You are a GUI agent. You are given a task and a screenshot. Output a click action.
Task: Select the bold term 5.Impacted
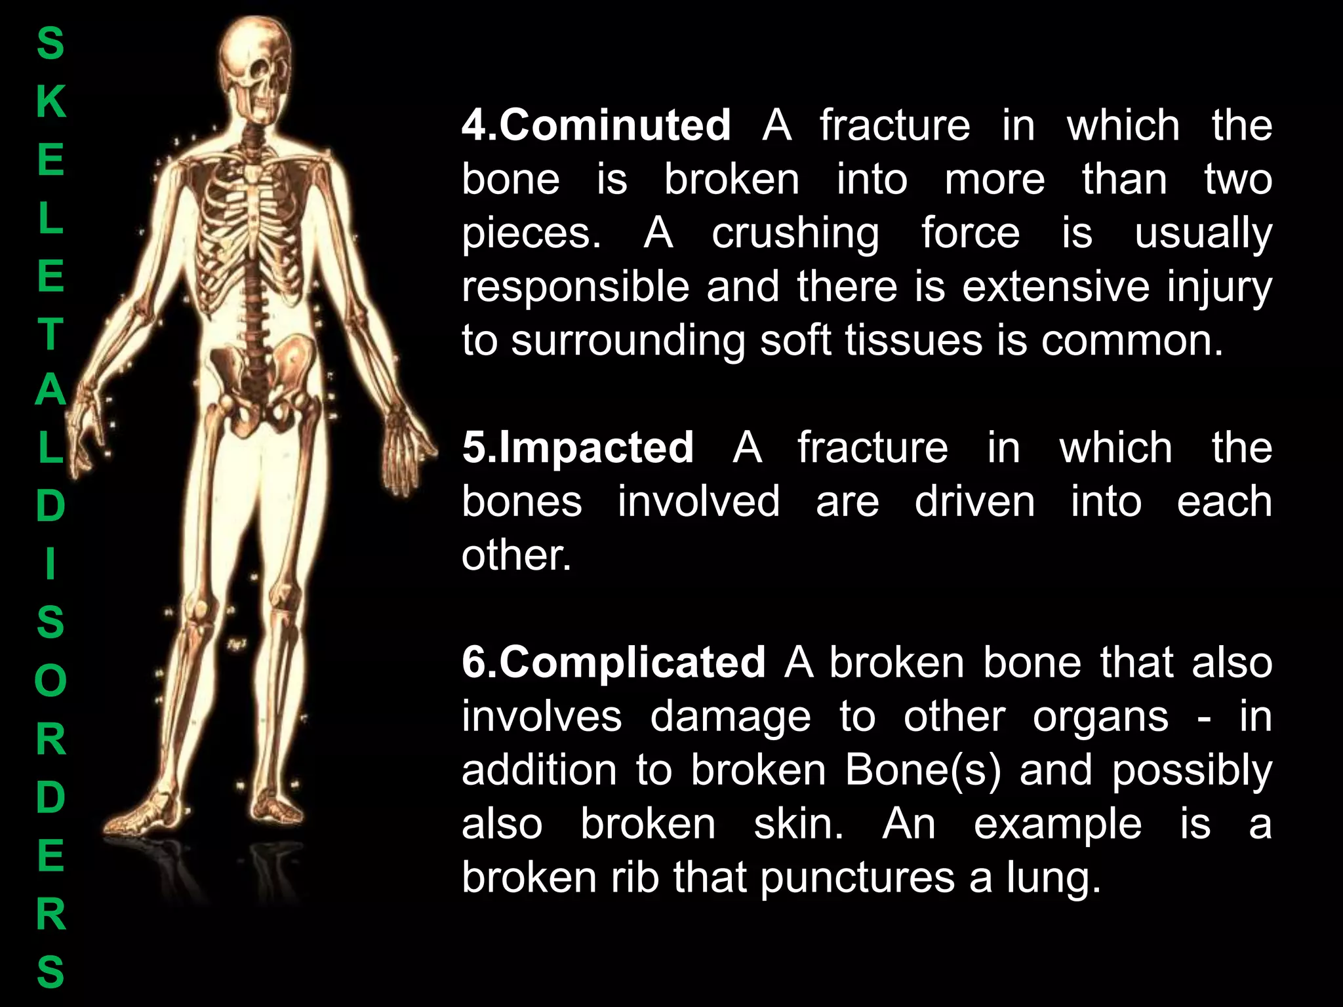pos(577,448)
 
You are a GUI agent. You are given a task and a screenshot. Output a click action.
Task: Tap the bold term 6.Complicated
pos(613,662)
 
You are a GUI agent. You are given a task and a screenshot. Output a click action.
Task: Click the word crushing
pos(795,233)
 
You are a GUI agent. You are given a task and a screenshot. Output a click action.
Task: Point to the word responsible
pos(575,287)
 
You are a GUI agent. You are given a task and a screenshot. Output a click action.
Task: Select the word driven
pos(974,502)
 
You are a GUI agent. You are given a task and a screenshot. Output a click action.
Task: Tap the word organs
pos(1100,717)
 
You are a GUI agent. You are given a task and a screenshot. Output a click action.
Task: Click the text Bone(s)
pos(923,770)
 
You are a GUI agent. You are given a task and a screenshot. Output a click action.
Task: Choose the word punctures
pos(857,878)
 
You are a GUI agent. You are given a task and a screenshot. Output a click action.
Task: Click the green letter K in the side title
pos(50,102)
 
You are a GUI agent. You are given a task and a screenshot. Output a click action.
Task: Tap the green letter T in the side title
pos(50,333)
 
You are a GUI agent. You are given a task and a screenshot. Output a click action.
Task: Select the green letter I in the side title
pos(50,564)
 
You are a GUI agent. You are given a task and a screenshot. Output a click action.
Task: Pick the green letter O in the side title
pos(50,681)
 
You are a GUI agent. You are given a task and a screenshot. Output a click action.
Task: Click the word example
pos(1057,824)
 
